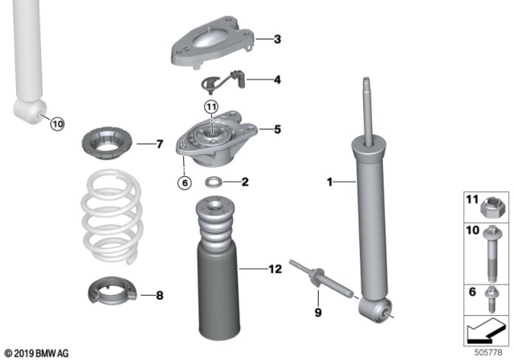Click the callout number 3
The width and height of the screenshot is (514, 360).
coord(277,39)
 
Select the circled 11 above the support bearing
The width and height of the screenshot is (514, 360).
coord(211,107)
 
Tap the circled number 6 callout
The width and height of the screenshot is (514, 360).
coord(185,182)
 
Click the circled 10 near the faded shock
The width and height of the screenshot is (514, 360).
coord(57,124)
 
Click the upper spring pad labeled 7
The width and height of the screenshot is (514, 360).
coord(107,144)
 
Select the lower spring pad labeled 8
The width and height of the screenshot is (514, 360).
coord(112,290)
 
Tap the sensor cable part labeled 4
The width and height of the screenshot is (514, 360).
coord(223,80)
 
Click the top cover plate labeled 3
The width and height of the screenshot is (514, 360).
coord(213,42)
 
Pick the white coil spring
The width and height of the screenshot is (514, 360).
coord(112,216)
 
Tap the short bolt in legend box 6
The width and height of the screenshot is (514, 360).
coord(492,300)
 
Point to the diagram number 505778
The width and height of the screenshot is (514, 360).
coord(488,353)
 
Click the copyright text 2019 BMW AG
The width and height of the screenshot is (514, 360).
coord(37,354)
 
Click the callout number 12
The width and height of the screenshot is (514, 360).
coord(275,269)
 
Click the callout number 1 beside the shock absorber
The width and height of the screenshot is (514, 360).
coord(329,182)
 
